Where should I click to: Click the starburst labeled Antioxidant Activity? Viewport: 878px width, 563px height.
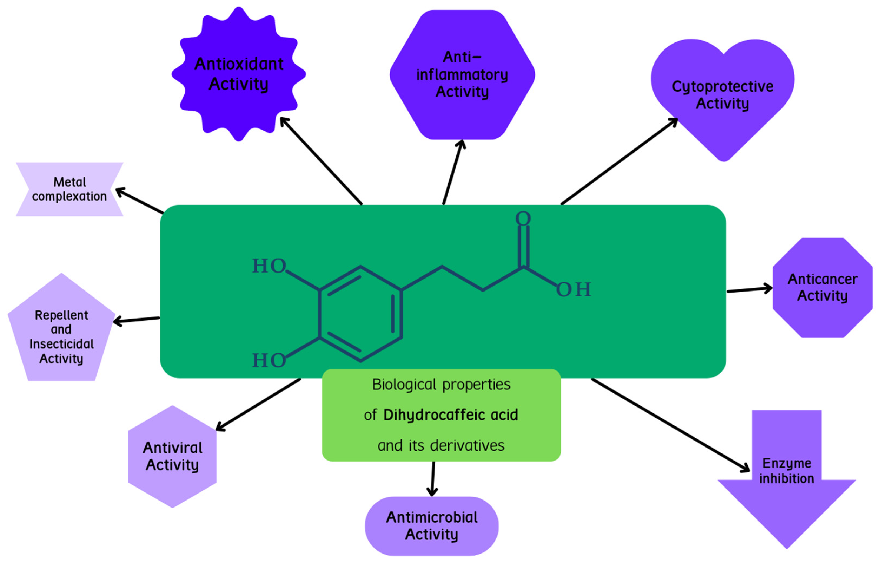point(238,74)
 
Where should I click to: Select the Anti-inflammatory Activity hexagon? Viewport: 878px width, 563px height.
point(462,75)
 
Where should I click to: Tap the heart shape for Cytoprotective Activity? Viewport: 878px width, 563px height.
point(722,95)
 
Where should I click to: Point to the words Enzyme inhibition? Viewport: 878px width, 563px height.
point(787,471)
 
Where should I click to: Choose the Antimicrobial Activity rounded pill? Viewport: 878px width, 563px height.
point(431,526)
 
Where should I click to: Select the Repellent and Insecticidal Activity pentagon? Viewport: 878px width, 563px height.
point(61,336)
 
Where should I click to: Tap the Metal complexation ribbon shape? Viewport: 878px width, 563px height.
point(69,189)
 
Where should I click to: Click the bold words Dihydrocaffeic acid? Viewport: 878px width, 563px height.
point(450,415)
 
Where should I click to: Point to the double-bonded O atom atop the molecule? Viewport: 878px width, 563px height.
point(523,218)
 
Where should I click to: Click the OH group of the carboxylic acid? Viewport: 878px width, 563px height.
point(573,290)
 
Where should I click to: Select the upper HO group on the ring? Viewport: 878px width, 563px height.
point(269,266)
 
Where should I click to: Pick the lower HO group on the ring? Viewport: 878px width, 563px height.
point(269,360)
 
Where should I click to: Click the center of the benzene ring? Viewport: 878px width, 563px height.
point(360,314)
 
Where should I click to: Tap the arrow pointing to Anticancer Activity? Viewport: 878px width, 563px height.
point(749,290)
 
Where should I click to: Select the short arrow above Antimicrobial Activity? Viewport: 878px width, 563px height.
point(433,478)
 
